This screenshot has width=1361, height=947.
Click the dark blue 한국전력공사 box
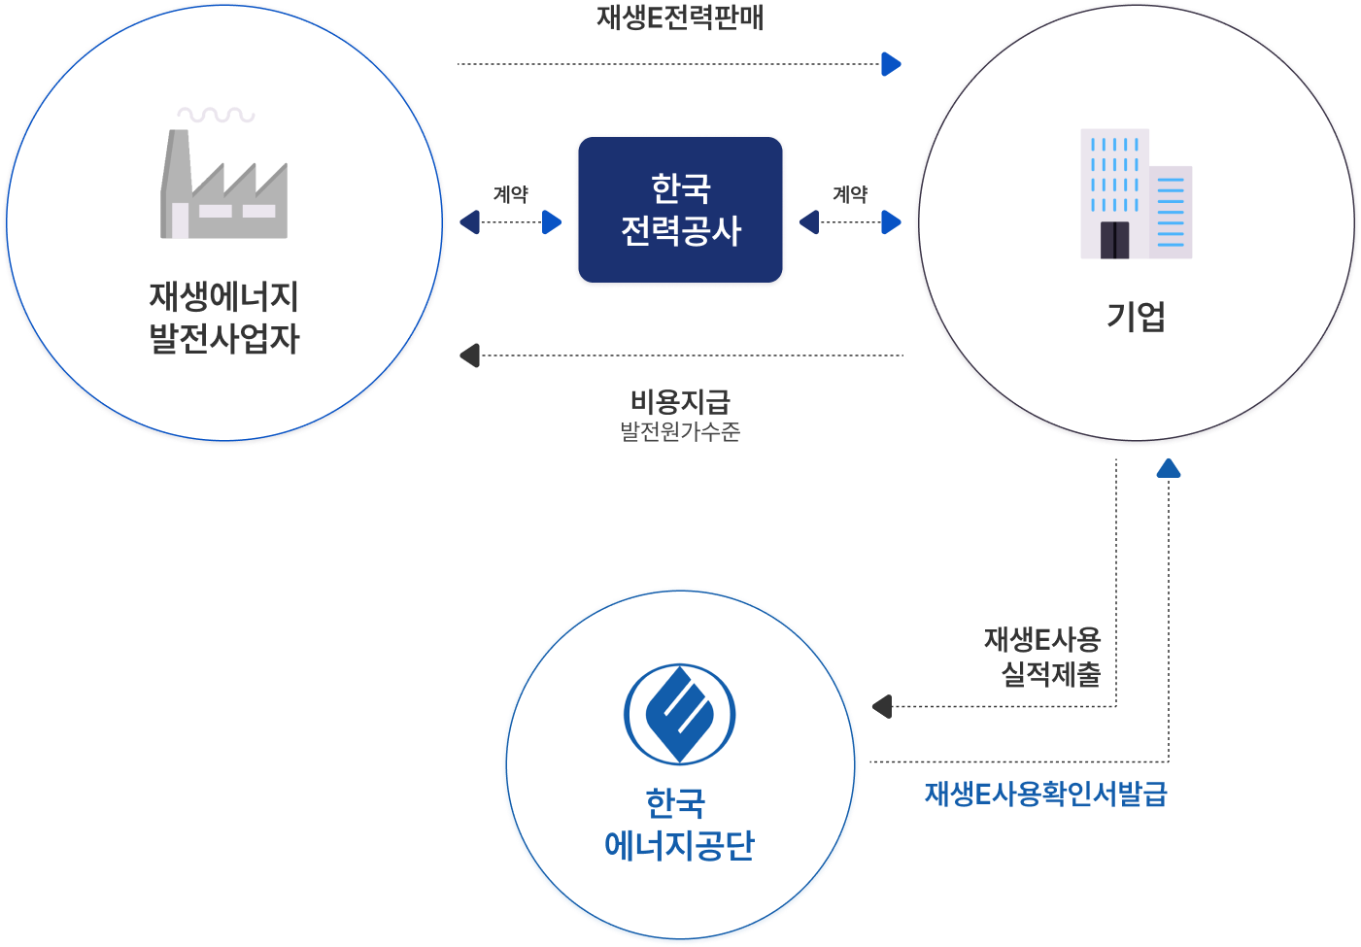pos(680,210)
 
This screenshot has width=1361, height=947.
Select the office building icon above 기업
pos(1136,194)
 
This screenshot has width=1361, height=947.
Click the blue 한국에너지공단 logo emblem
pos(679,714)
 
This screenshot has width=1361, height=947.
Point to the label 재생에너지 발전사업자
pos(223,318)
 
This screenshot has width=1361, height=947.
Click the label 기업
pos(1136,317)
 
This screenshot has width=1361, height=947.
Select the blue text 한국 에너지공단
pos(678,825)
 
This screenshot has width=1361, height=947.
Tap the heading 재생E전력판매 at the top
pos(680,18)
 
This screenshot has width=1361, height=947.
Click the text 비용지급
pos(680,400)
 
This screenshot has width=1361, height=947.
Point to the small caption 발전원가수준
pos(680,431)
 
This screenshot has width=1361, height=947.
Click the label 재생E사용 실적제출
pos(1042,657)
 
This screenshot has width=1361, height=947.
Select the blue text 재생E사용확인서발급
pos(1045,795)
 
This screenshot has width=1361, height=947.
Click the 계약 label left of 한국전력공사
pos(510,194)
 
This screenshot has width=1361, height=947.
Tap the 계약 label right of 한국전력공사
pos(850,194)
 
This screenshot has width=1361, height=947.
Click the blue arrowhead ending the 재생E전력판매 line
pos(891,64)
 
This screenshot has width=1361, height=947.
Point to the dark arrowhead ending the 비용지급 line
pos(469,355)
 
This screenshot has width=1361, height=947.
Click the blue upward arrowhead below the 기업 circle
pos(1169,469)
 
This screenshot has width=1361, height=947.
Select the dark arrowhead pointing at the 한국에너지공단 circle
pos(882,706)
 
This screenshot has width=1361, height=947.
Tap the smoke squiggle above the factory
pos(216,115)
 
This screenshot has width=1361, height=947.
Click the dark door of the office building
pos(1114,239)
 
